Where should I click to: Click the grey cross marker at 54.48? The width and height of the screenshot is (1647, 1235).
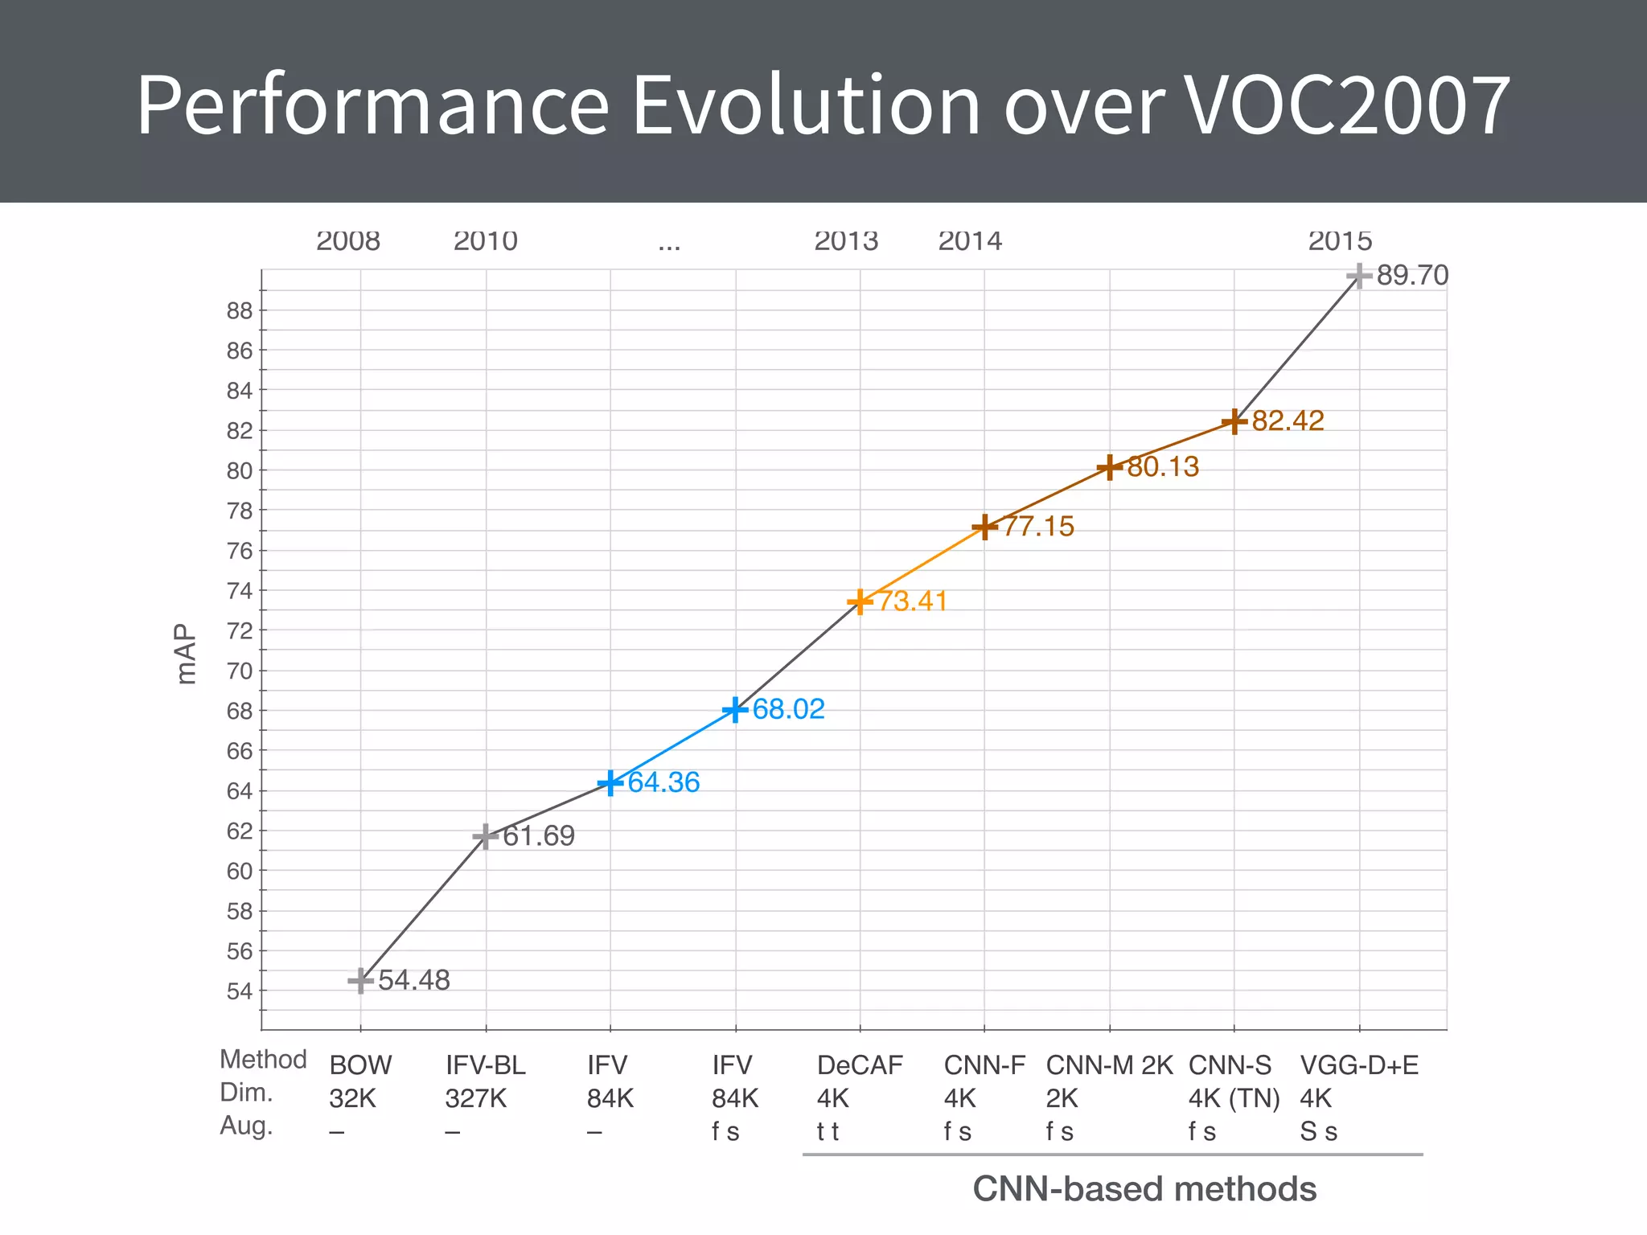click(x=360, y=981)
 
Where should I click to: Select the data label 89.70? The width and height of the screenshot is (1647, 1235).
click(x=1411, y=276)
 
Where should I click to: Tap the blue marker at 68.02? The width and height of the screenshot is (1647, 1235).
click(x=735, y=710)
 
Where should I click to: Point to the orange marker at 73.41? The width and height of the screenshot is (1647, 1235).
click(x=860, y=601)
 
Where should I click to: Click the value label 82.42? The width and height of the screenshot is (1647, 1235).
click(x=1287, y=421)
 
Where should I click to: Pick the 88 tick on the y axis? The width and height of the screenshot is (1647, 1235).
click(x=239, y=310)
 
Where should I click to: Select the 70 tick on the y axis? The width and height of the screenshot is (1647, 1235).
click(x=239, y=671)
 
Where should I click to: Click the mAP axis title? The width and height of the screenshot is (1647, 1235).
click(x=186, y=654)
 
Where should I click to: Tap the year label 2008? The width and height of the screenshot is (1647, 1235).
click(x=347, y=240)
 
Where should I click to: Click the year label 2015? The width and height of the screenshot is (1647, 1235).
click(x=1340, y=240)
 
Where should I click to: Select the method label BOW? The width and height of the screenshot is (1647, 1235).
click(x=360, y=1065)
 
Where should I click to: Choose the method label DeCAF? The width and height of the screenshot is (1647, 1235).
click(x=860, y=1065)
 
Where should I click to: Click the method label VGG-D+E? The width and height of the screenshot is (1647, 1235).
click(x=1359, y=1065)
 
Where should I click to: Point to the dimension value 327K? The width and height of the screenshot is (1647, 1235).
click(x=476, y=1098)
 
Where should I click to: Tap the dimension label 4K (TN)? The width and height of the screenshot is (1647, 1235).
click(x=1234, y=1098)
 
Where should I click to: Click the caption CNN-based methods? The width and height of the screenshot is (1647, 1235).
click(x=1144, y=1189)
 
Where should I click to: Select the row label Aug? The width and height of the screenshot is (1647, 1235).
click(x=246, y=1126)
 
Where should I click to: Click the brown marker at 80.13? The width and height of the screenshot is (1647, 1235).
click(x=1110, y=467)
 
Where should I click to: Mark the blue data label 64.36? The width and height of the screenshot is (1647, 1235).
click(x=663, y=782)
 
